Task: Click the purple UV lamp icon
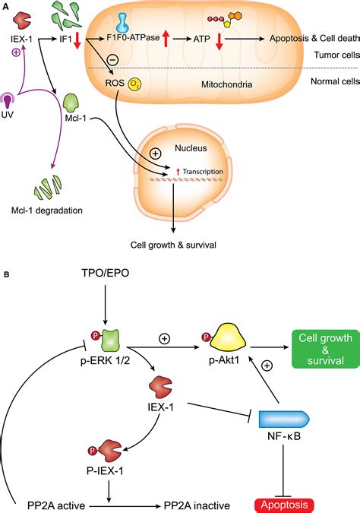point(7,100)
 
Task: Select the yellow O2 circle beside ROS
point(134,84)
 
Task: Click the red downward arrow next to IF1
point(77,41)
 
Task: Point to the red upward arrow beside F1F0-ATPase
point(166,38)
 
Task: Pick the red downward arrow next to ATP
point(219,41)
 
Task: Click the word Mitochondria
point(226,84)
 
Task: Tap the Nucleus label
point(191,148)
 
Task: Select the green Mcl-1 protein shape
point(71,103)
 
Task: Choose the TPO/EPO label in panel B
point(106,273)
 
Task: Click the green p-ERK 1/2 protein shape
point(111,340)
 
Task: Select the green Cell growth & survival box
point(325,349)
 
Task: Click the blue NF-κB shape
point(284,419)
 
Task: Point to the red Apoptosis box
point(284,505)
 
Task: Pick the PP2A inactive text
point(197,506)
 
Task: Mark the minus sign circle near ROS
point(113,60)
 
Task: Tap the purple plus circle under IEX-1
point(16,52)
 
